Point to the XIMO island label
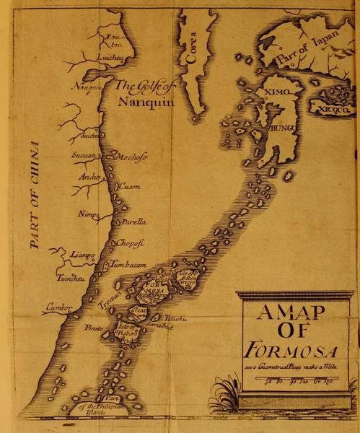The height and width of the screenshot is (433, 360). click(x=277, y=94)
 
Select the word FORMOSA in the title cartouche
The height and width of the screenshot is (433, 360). click(x=291, y=352)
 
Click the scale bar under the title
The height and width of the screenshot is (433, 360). click(x=300, y=380)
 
